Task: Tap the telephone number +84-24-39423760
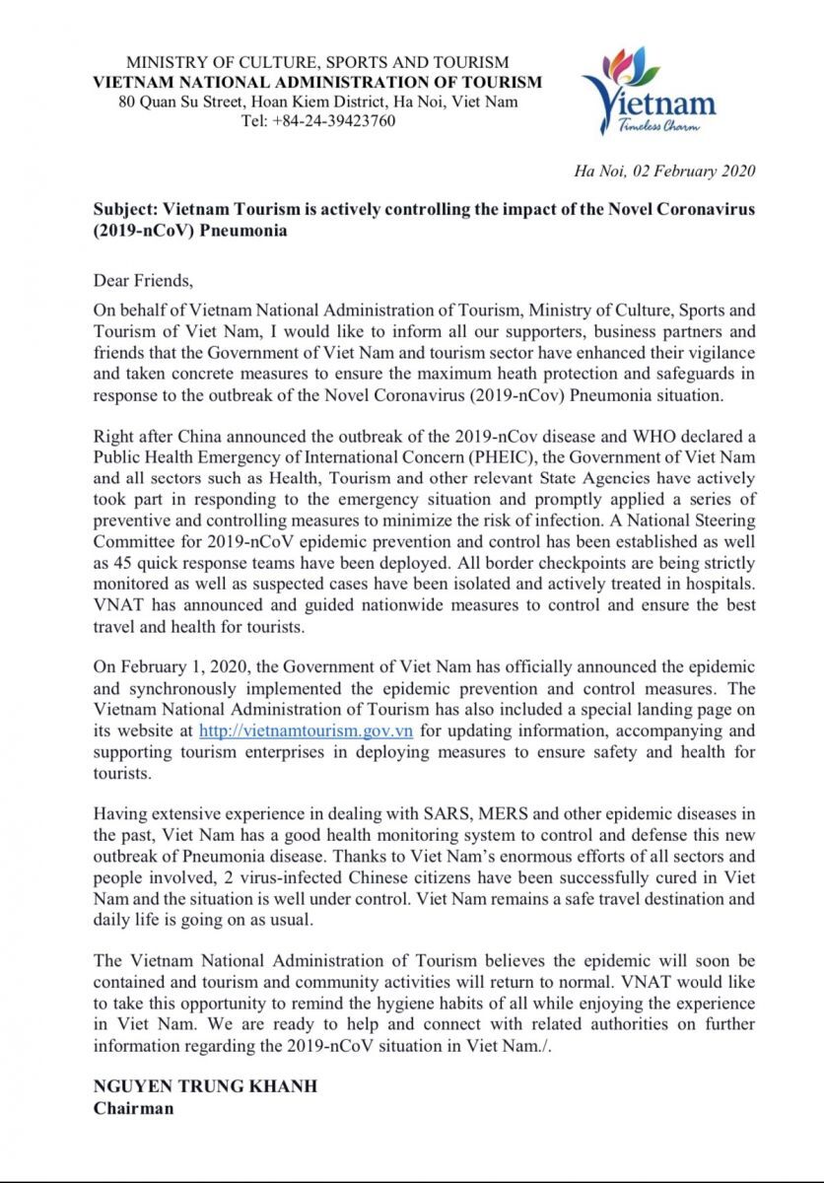pyautogui.click(x=317, y=121)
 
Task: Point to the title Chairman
pyautogui.click(x=133, y=1107)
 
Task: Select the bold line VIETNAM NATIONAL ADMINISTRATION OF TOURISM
pyautogui.click(x=317, y=83)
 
